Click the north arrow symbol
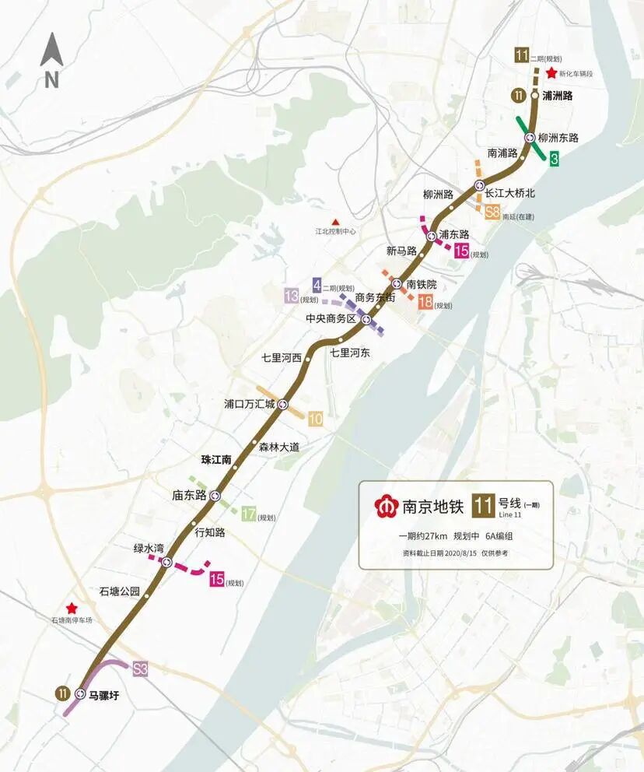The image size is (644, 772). coord(52,51)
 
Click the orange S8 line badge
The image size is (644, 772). coord(492,212)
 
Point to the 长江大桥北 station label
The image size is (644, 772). coord(510,192)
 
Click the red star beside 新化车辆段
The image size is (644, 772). coord(551,74)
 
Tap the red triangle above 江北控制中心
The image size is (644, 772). coord(335,221)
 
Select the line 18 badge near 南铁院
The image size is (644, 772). coord(425,303)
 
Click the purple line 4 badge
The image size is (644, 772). coord(317,285)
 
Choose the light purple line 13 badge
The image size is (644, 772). coord(292,296)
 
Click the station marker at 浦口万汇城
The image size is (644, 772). coord(283,404)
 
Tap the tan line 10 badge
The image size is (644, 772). coord(316,419)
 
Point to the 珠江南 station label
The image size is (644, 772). coord(216,460)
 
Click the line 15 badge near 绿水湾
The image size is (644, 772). coord(216,578)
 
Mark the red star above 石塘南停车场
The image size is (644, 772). coord(72,609)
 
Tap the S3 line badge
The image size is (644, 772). coord(140,668)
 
